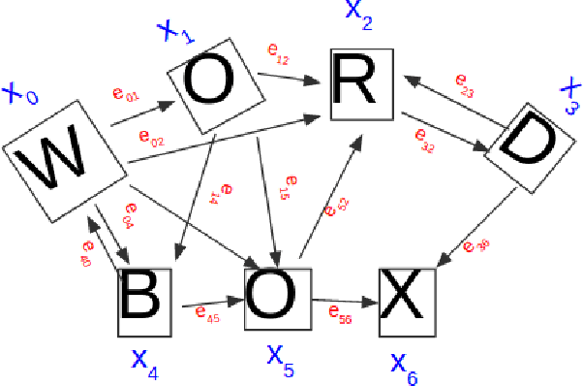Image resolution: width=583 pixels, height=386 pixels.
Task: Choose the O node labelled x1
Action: pos(214,85)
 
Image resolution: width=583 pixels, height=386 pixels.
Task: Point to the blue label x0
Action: pos(20,94)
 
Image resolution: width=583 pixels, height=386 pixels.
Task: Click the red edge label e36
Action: pos(476,246)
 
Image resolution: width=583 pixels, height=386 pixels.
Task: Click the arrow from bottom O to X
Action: pos(344,299)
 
